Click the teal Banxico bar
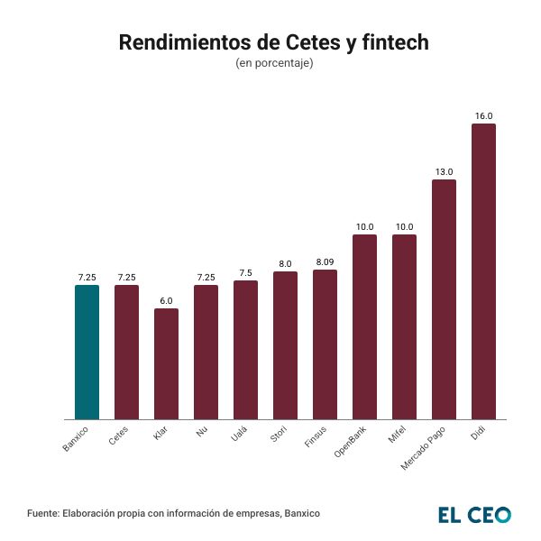[87, 352]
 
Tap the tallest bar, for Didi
[483, 270]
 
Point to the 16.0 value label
[483, 116]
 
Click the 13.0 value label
[444, 171]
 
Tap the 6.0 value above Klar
[166, 301]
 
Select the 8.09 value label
[325, 261]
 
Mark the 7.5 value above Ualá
[245, 272]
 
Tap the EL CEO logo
[474, 514]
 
